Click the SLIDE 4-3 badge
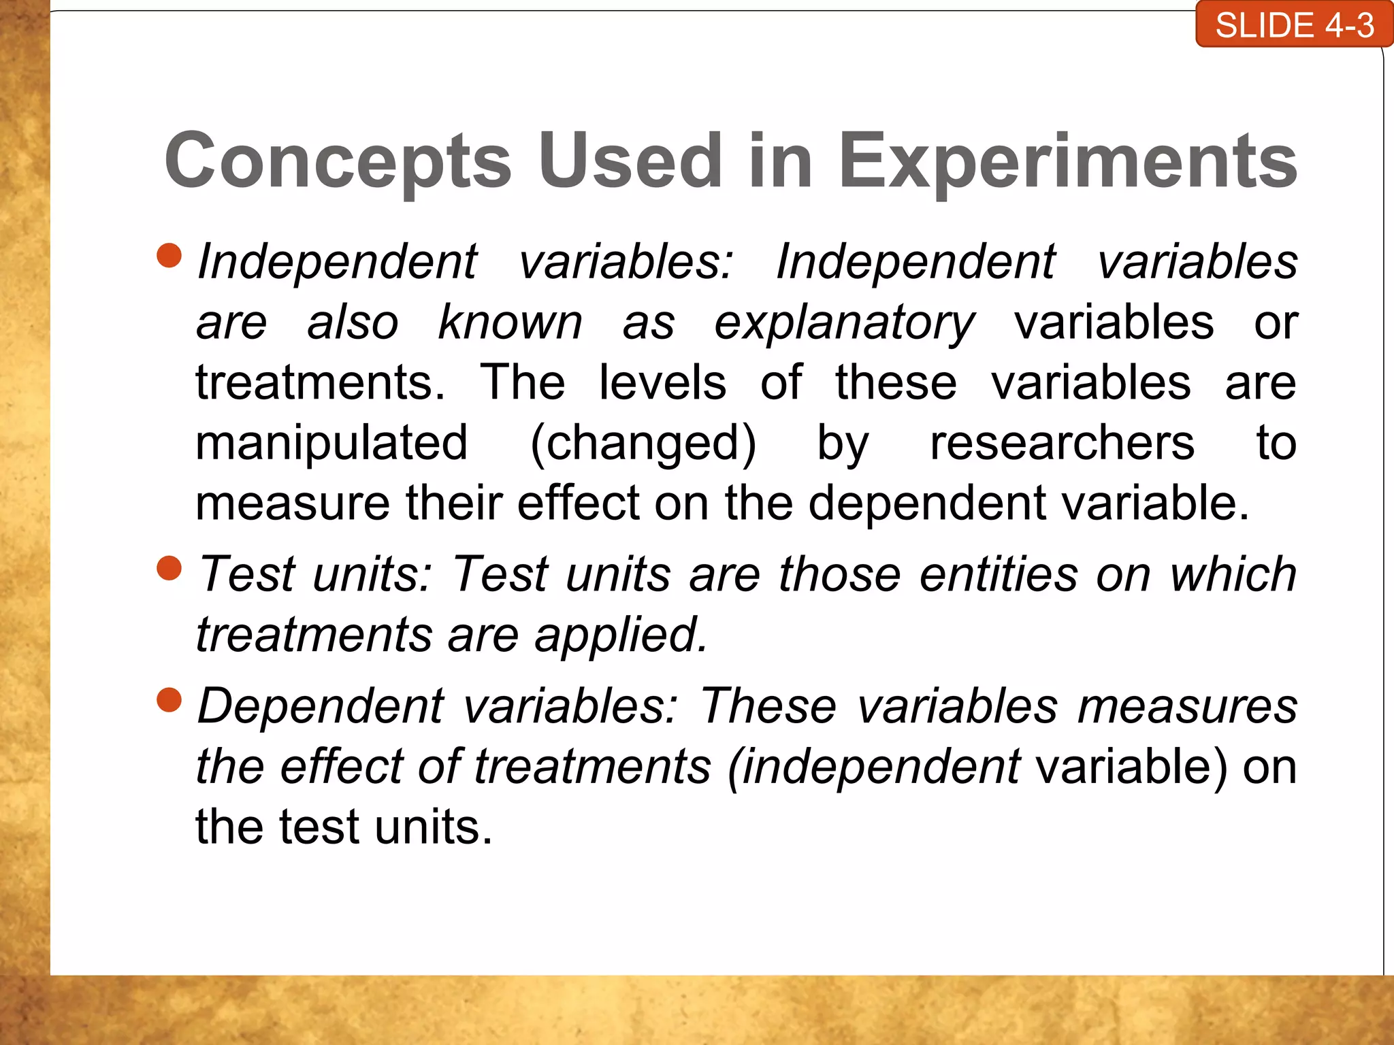coord(1294,25)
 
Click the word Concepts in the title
coord(338,161)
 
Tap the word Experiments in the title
coord(1067,161)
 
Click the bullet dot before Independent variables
coord(169,256)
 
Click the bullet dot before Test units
coord(169,568)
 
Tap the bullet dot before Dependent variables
coord(169,699)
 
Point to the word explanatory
coord(844,322)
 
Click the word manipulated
coord(331,443)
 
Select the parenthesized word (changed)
coord(643,443)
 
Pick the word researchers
coord(1062,443)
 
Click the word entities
coord(999,574)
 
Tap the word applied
coord(621,635)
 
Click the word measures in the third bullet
coord(1187,706)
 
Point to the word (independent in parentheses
coord(874,767)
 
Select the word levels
coord(662,382)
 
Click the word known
coord(510,322)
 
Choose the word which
coord(1233,574)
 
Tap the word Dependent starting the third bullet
coord(321,706)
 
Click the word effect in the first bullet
coord(578,503)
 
